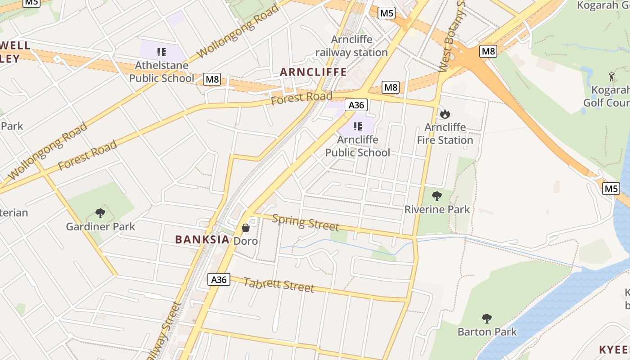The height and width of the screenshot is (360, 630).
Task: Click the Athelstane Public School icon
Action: [x=162, y=52]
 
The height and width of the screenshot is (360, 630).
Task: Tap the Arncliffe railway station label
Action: [x=351, y=46]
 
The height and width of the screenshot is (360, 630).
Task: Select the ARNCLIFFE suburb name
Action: [x=313, y=72]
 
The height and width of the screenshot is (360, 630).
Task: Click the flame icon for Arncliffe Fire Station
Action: [x=445, y=114]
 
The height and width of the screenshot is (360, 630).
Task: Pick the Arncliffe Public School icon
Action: [x=358, y=126]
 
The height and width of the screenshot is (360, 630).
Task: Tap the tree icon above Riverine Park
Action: [x=436, y=196]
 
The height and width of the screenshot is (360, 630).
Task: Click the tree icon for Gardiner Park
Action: [x=100, y=213]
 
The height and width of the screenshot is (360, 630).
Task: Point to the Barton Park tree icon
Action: [x=487, y=319]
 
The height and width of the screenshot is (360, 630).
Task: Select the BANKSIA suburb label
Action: [x=202, y=239]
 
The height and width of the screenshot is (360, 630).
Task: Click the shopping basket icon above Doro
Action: [x=246, y=228]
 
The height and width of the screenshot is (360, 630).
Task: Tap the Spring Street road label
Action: [x=306, y=222]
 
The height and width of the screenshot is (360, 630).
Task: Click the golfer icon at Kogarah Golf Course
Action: [x=611, y=76]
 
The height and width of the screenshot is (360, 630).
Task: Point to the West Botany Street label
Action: [x=452, y=38]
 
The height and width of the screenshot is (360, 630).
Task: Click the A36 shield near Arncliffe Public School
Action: [x=356, y=105]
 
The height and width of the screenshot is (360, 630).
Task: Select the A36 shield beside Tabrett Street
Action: [x=219, y=279]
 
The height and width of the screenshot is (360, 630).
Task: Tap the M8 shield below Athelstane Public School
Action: [x=212, y=80]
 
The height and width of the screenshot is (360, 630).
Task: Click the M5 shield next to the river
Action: [x=611, y=188]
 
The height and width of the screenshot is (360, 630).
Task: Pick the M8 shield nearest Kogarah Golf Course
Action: [x=488, y=51]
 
